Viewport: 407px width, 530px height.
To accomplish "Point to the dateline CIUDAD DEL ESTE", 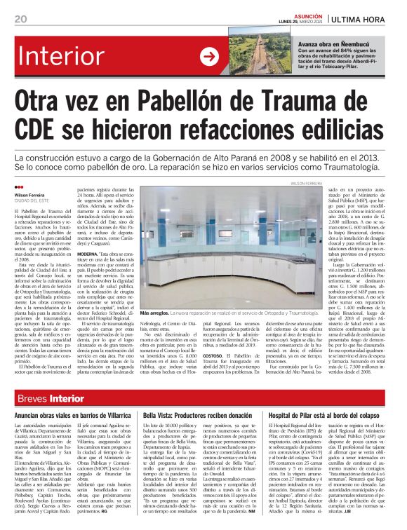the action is (x=32, y=201).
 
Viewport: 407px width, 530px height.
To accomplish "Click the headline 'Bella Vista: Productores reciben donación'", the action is (x=197, y=416).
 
